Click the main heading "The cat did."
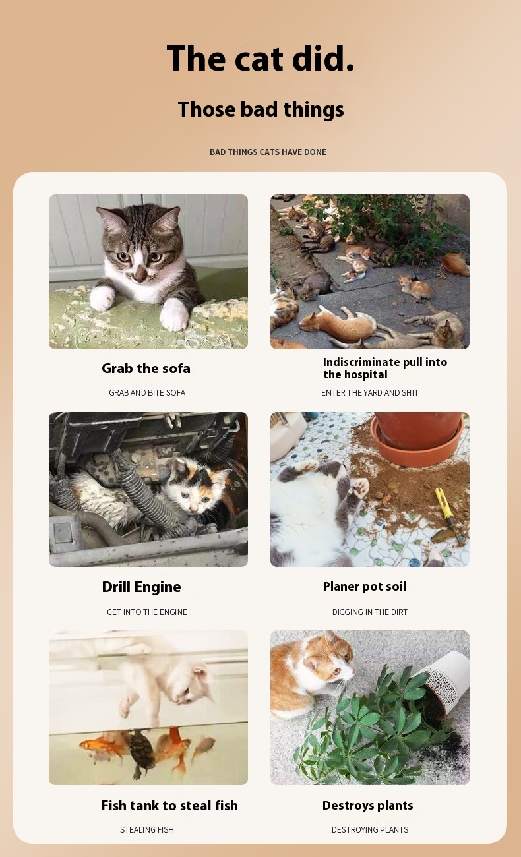[x=260, y=58]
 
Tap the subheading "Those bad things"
[x=260, y=109]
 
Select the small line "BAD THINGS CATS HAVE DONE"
[x=268, y=152]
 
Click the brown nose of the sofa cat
[x=140, y=273]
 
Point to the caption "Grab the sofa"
[x=146, y=369]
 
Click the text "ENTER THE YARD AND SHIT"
[x=370, y=392]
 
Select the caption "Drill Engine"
[x=141, y=587]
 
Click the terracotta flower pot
[x=417, y=438]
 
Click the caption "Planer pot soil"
[x=365, y=587]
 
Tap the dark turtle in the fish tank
[x=140, y=752]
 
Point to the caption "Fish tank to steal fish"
[x=169, y=806]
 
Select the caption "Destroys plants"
[x=367, y=806]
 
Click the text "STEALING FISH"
[x=147, y=829]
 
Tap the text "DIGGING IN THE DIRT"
[x=370, y=612]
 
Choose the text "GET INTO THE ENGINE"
[x=147, y=612]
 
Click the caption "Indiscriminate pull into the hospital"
[x=385, y=368]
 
